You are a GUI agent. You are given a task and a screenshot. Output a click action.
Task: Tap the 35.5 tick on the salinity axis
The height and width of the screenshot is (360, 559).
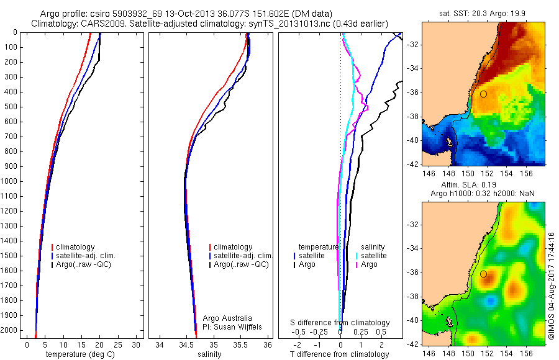[x=241, y=344]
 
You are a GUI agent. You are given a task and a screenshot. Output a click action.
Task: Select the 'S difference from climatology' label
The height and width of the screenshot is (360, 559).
[x=340, y=323]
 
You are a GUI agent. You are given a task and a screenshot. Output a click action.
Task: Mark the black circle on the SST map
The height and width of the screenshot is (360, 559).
[x=483, y=94]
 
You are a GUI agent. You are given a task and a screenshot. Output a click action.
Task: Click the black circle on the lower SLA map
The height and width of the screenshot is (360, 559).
[x=483, y=274]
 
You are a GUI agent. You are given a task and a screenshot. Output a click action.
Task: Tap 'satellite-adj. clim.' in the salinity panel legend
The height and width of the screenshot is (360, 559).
[x=243, y=256]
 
